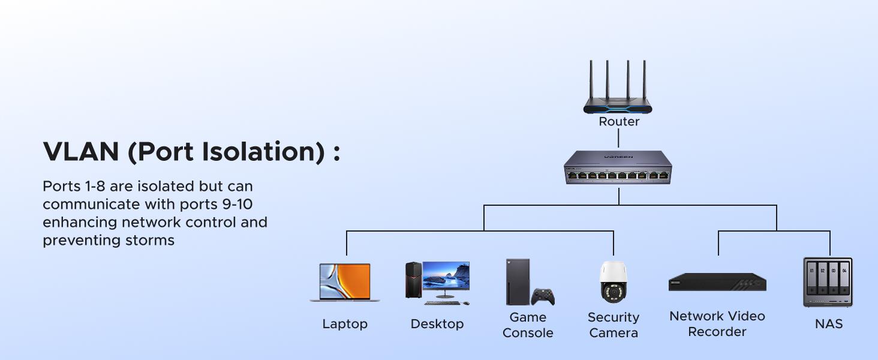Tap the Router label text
[619, 122]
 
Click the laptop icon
[345, 282]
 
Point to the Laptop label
[345, 324]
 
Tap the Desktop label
[437, 324]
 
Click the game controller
[543, 296]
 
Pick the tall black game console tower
[518, 282]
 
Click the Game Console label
[528, 325]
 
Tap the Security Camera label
[614, 325]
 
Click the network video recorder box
[717, 283]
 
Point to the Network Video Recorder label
[717, 323]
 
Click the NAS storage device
[828, 282]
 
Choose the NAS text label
[829, 324]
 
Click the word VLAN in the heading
[80, 152]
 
